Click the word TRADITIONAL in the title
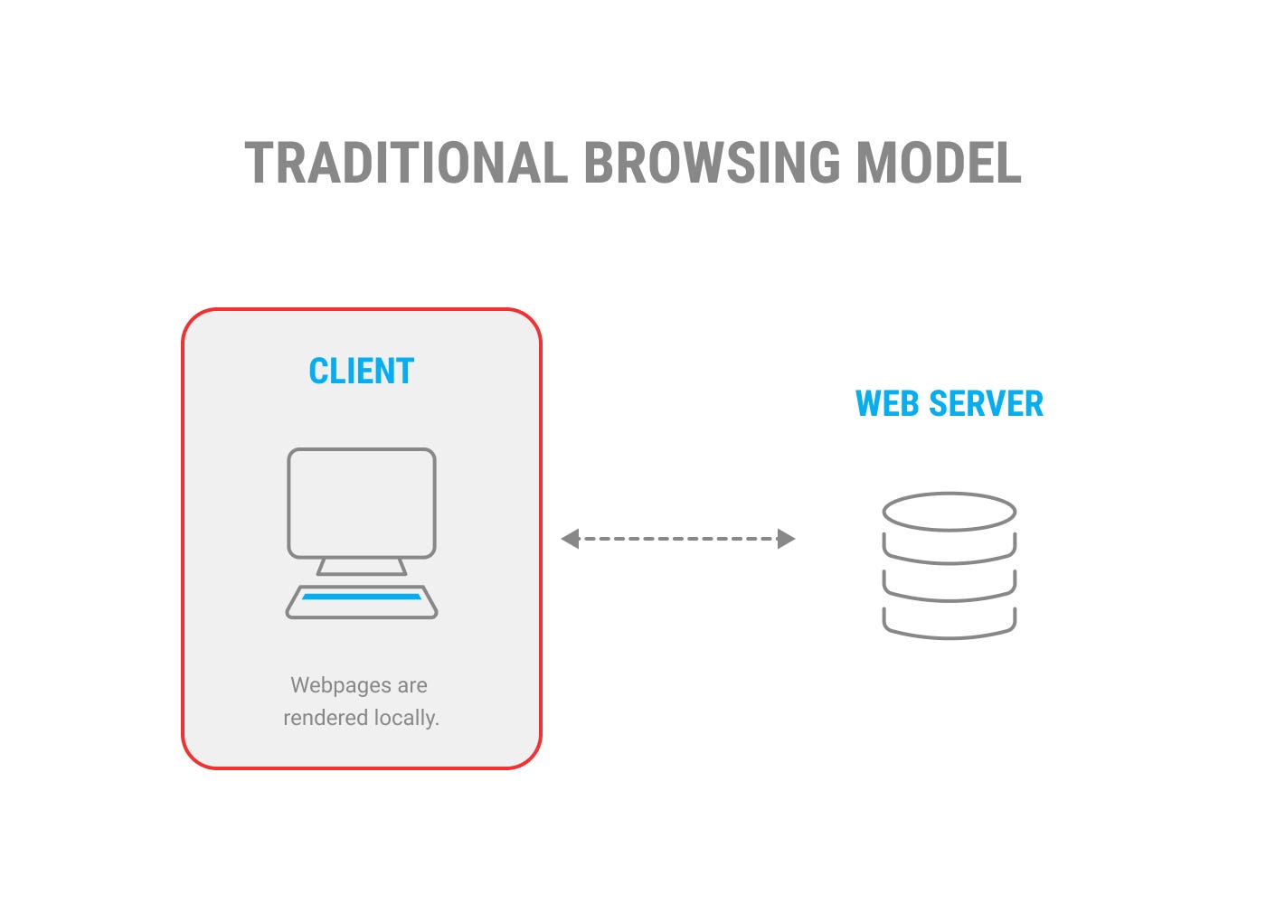point(406,163)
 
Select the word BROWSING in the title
point(713,163)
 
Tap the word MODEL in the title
point(939,163)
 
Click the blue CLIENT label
point(362,372)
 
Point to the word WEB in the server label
point(887,403)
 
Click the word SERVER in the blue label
point(987,403)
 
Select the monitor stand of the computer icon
point(362,567)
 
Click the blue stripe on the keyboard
point(362,597)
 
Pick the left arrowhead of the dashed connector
point(571,539)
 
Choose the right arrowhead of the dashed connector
point(786,539)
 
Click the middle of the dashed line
point(678,539)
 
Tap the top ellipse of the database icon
point(949,494)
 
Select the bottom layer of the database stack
point(949,637)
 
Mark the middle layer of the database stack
point(949,600)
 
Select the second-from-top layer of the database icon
point(949,562)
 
